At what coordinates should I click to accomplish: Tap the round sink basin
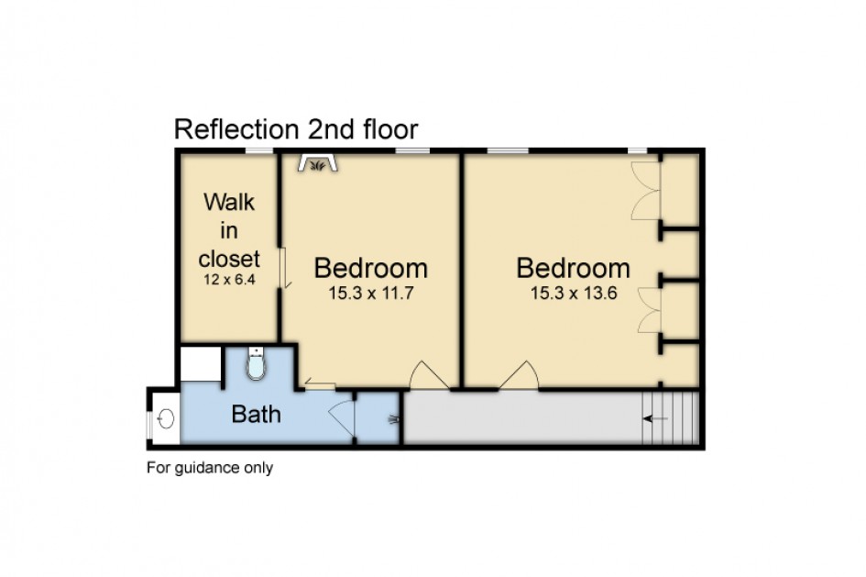pyautogui.click(x=167, y=418)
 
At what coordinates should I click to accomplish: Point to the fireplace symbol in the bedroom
pyautogui.click(x=318, y=163)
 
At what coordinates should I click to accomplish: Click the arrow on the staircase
pyautogui.click(x=655, y=419)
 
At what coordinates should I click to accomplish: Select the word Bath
pyautogui.click(x=257, y=414)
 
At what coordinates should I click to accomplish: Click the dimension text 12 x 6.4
pyautogui.click(x=229, y=280)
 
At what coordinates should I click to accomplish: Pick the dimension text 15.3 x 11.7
pyautogui.click(x=371, y=293)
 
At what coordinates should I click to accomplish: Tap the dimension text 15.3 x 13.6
pyautogui.click(x=574, y=293)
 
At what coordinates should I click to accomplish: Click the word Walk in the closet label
pyautogui.click(x=229, y=203)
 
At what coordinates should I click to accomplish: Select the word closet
pyautogui.click(x=229, y=259)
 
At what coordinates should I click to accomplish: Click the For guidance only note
pyautogui.click(x=210, y=468)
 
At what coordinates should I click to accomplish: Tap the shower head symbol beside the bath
pyautogui.click(x=393, y=419)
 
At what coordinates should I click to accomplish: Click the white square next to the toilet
pyautogui.click(x=201, y=363)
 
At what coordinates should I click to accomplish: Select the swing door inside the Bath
pyautogui.click(x=341, y=420)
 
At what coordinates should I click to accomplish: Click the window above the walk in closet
pyautogui.click(x=259, y=150)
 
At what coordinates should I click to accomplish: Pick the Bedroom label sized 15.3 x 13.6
pyautogui.click(x=574, y=268)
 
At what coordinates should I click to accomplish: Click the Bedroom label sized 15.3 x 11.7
pyautogui.click(x=371, y=268)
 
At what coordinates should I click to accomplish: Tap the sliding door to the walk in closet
pyautogui.click(x=283, y=268)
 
